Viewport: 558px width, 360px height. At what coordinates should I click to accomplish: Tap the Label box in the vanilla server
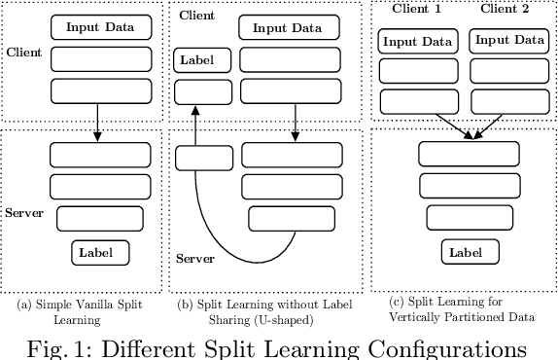click(x=101, y=253)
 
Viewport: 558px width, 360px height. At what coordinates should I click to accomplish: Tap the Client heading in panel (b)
click(x=196, y=16)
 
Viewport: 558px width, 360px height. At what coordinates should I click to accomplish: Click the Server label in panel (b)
click(x=195, y=258)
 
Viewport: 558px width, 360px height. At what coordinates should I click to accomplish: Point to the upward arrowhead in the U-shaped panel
click(x=195, y=112)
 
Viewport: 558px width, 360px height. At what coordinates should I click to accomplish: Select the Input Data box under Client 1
click(x=417, y=42)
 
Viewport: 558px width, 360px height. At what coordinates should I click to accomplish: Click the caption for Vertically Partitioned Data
click(x=463, y=308)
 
